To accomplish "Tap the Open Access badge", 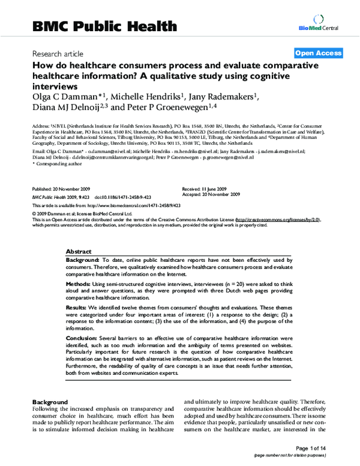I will click(x=318, y=53).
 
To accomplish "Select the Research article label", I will click(x=58, y=54).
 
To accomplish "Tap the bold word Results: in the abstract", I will click(x=79, y=307).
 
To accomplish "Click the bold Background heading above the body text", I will click(x=51, y=401).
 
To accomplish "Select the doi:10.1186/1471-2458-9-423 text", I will click(x=112, y=196).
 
